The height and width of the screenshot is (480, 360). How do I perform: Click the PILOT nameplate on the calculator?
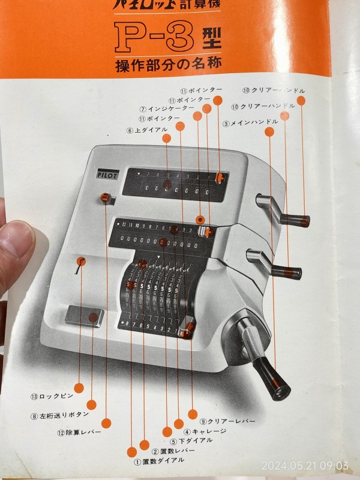click(107, 176)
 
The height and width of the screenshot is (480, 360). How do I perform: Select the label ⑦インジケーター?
click(167, 109)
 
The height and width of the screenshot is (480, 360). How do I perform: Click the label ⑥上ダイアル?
click(147, 130)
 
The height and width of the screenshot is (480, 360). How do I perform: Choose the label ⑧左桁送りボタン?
click(60, 414)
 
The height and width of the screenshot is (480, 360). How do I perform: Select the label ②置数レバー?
click(173, 451)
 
